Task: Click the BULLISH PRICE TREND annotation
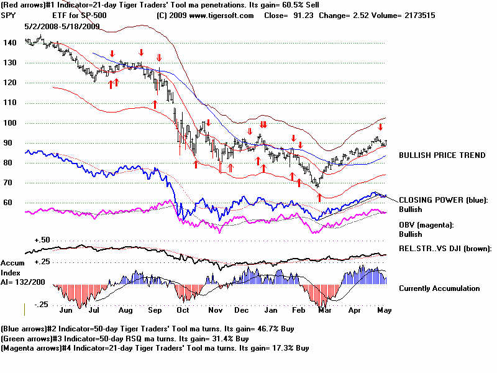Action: [x=442, y=155]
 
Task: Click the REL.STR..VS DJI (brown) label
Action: [x=445, y=249]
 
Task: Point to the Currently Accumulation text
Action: [x=439, y=288]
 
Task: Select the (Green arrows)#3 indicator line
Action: [x=125, y=338]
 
